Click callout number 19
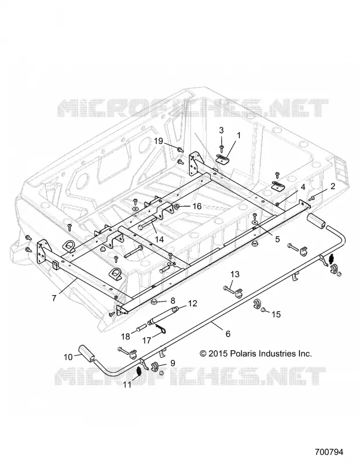(x=158, y=141)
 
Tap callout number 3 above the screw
(x=221, y=130)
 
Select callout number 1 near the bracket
(x=239, y=135)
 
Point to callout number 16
(x=197, y=206)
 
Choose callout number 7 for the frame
(x=54, y=298)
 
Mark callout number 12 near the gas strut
(x=192, y=303)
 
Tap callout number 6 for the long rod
(x=227, y=334)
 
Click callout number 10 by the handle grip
(x=68, y=357)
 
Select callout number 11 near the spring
(x=127, y=385)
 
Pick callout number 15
(x=276, y=314)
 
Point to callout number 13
(x=235, y=274)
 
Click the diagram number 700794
(x=329, y=452)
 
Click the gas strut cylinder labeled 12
(x=162, y=315)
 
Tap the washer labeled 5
(x=254, y=221)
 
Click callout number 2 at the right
(x=333, y=186)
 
